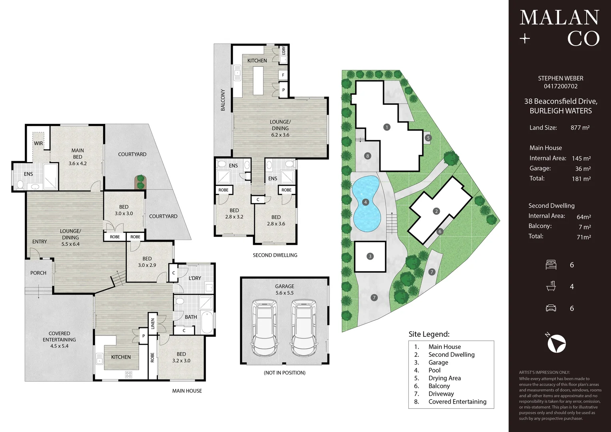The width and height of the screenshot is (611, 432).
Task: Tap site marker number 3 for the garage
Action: (370, 256)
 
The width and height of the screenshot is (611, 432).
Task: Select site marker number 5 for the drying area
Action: (428, 138)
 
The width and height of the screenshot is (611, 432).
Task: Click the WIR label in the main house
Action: (38, 143)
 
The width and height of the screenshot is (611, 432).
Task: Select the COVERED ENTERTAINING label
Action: (59, 340)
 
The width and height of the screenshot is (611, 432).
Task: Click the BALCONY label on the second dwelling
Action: (223, 100)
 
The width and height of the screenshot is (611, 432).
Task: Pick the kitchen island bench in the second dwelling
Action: (258, 80)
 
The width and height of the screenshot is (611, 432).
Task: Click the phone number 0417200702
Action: (560, 86)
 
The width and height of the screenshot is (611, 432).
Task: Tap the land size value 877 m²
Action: (580, 128)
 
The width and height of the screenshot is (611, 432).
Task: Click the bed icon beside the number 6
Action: (551, 265)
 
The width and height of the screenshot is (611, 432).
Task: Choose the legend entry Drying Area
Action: (444, 378)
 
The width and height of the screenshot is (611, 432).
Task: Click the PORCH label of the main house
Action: (38, 273)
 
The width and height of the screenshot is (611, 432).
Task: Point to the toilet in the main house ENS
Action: (20, 185)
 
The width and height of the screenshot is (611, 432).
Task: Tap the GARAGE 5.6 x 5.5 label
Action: (284, 290)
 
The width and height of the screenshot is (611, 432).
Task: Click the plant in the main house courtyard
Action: (140, 182)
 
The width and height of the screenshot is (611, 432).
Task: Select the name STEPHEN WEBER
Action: (560, 78)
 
